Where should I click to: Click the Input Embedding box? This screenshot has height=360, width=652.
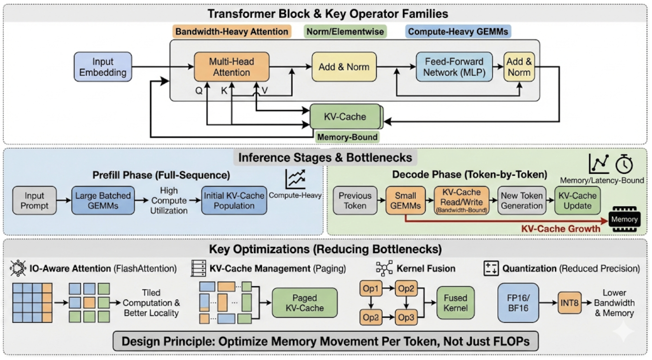point(103,67)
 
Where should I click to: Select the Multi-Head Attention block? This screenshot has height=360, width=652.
point(231,67)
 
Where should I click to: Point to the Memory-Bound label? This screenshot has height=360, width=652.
point(347,137)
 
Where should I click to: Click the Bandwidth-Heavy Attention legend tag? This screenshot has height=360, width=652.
point(232,32)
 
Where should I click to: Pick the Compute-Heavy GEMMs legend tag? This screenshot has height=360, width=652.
point(459,32)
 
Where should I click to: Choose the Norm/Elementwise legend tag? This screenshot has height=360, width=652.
point(345,32)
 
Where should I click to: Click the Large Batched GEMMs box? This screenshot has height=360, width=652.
point(102,200)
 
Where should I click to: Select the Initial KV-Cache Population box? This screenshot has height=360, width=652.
point(234,200)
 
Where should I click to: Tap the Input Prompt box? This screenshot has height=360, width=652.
point(34,200)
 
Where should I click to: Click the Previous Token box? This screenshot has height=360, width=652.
point(355,200)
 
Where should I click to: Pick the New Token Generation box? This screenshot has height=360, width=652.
point(522,200)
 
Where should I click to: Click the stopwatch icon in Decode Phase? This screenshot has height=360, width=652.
point(624,164)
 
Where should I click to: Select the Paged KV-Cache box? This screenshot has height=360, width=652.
point(305,303)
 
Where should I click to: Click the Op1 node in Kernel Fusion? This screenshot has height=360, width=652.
point(371,289)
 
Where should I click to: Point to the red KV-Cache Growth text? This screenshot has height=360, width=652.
point(560,229)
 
